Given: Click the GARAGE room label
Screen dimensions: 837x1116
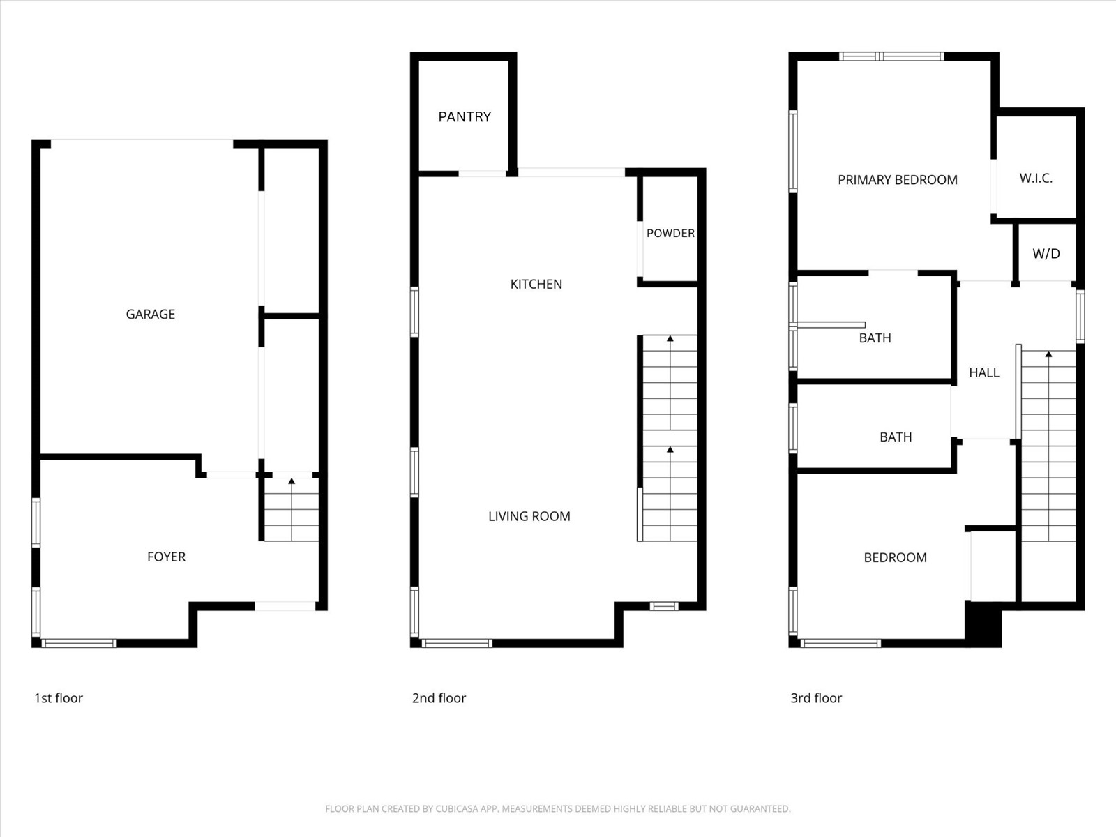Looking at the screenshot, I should [x=150, y=314].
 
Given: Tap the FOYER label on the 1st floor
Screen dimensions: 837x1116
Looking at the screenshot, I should [x=166, y=557].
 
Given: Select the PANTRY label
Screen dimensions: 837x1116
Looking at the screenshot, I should [x=465, y=116].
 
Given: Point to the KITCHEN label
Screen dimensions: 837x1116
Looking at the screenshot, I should [x=536, y=284].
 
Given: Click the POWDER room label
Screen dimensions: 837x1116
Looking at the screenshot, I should [x=670, y=233].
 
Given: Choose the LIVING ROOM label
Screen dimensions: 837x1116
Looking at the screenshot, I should [x=529, y=516].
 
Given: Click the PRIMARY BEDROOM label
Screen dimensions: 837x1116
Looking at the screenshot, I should [x=897, y=180].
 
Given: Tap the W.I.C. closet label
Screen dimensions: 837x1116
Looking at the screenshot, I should [x=1036, y=178].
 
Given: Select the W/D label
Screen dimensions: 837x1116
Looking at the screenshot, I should [x=1046, y=254].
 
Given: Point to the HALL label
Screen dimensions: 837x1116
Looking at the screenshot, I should [x=983, y=372].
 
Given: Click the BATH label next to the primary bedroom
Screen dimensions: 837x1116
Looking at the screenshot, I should [x=875, y=338].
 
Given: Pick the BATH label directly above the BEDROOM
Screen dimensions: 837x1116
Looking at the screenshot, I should [x=896, y=437].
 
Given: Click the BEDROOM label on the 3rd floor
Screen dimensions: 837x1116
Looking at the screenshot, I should [x=895, y=557].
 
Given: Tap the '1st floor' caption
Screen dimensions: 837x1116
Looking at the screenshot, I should [x=59, y=698].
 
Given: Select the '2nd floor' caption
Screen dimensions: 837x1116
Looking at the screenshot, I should [x=439, y=698].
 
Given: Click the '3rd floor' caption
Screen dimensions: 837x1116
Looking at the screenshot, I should [x=816, y=698].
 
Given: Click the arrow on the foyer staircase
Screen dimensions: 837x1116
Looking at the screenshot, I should [x=292, y=481].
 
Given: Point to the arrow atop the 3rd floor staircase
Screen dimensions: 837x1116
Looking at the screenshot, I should [x=1048, y=354].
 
